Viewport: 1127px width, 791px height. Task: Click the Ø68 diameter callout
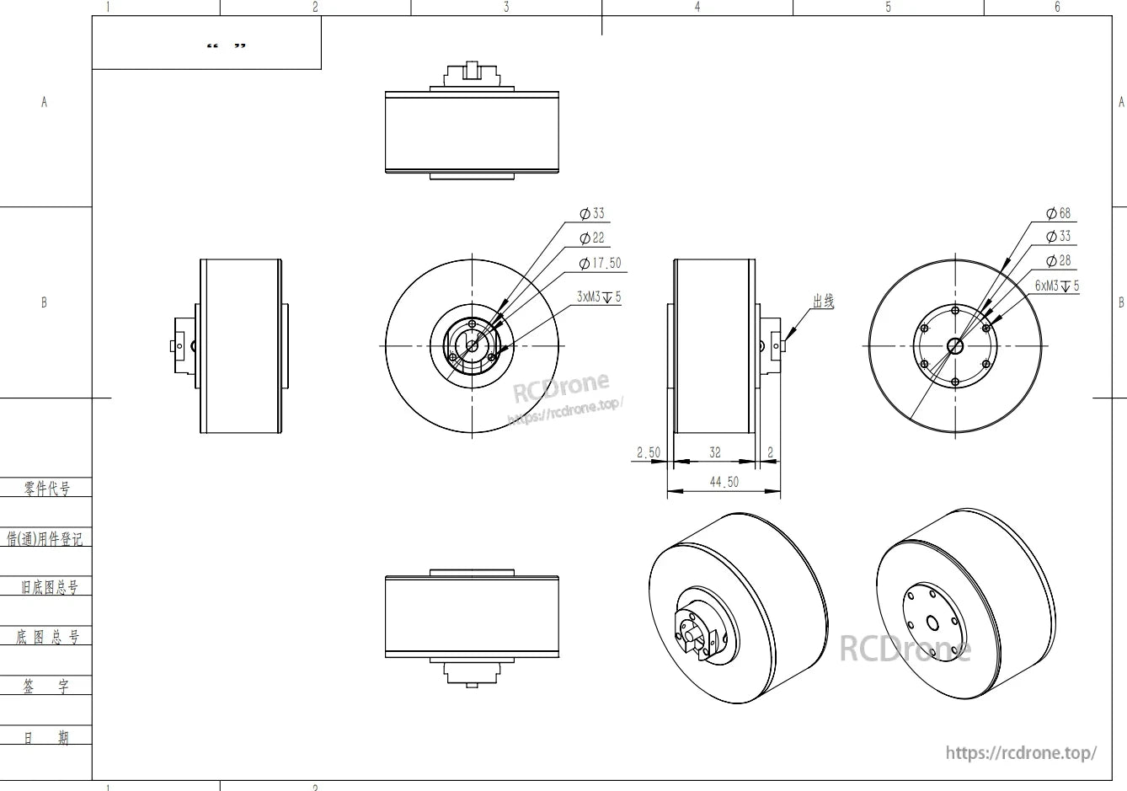(1059, 214)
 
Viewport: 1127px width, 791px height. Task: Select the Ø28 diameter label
(1059, 261)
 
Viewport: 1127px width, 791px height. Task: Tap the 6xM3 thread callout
(1056, 286)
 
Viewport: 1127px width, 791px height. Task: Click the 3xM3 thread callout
(599, 297)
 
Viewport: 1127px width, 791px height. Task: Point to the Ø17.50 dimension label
(601, 264)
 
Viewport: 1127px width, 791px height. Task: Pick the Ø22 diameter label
(593, 238)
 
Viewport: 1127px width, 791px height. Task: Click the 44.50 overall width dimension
(724, 482)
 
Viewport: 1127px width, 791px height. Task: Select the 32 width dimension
(714, 452)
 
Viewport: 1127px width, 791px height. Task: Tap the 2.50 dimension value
(648, 453)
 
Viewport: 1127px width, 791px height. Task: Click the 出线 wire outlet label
(823, 301)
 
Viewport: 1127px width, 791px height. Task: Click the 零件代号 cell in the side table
(47, 488)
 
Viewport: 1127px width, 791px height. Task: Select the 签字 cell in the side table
(47, 687)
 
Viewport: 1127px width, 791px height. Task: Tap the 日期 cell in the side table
(47, 738)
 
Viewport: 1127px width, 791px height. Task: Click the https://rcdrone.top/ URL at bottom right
(1021, 752)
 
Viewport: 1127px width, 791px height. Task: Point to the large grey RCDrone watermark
(905, 649)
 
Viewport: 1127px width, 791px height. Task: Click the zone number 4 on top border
(697, 7)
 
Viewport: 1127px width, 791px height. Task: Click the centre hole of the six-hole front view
(955, 345)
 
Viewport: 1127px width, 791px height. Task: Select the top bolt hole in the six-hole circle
(955, 310)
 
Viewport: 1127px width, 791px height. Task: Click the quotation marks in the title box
(227, 45)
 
